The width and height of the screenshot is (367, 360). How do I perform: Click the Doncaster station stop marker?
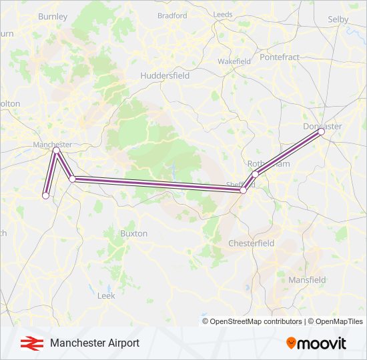(321, 132)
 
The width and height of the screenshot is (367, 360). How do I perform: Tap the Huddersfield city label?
(165, 76)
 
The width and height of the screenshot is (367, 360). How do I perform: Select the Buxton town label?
(133, 234)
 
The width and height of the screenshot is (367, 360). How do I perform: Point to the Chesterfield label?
(252, 243)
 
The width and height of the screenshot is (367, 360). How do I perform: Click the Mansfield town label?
(307, 280)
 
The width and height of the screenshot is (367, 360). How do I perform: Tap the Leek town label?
(106, 295)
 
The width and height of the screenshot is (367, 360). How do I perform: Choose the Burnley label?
(53, 16)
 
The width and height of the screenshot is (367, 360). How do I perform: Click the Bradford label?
(172, 15)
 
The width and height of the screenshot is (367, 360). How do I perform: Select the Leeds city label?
(223, 14)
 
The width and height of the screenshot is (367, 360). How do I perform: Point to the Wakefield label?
(234, 61)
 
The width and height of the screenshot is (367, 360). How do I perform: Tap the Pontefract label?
(280, 57)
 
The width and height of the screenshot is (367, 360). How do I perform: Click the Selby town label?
(338, 19)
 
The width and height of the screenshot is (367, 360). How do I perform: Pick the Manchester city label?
(52, 145)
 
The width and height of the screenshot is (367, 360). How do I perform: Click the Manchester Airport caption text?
(95, 343)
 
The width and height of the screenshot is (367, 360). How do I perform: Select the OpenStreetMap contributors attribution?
(254, 321)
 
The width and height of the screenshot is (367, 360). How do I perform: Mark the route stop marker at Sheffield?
(244, 191)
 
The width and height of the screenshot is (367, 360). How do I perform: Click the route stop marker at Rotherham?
(255, 175)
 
